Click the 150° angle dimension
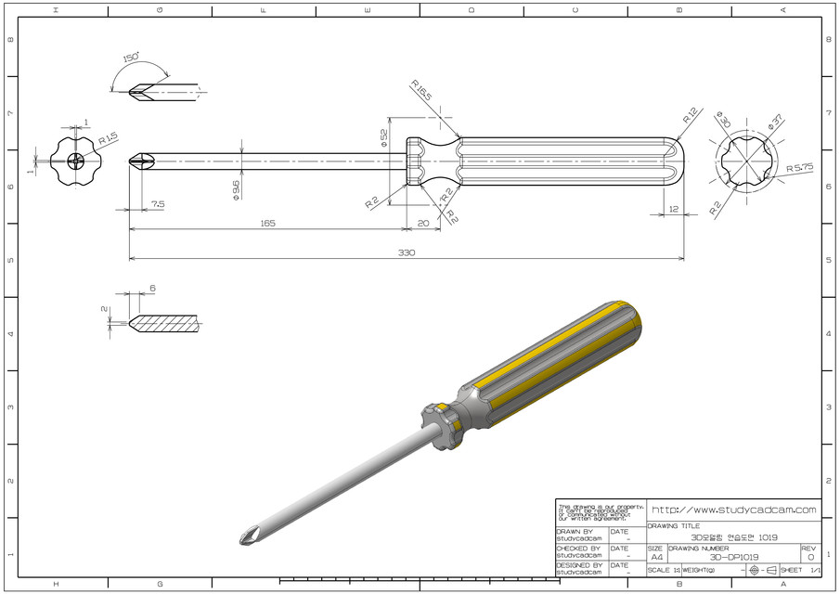[131, 58]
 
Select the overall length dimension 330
[407, 252]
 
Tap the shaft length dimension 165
[267, 223]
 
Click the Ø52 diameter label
[384, 137]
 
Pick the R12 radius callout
[690, 117]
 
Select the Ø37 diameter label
[775, 122]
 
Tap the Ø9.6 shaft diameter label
[237, 188]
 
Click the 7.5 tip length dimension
[158, 203]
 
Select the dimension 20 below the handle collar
[423, 223]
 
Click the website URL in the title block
[733, 510]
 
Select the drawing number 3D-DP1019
[733, 557]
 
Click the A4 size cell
[656, 557]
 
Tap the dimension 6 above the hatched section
[151, 289]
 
